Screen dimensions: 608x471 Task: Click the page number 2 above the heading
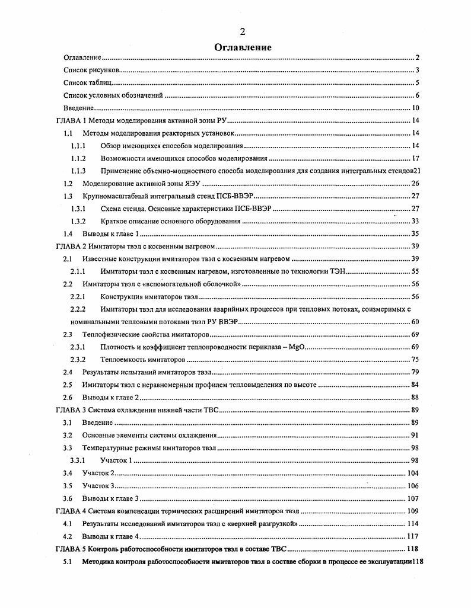coord(242,31)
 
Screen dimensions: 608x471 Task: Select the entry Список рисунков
coord(89,71)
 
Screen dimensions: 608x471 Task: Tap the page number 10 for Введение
coord(415,108)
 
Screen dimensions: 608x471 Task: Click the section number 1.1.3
coord(78,171)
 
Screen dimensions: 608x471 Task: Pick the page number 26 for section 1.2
coord(415,183)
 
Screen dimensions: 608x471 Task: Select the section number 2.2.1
coord(78,296)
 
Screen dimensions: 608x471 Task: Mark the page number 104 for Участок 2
coord(413,473)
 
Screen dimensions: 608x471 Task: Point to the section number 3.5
coord(68,485)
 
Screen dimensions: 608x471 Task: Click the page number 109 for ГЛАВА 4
coord(413,511)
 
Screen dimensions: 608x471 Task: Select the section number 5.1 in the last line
coord(68,561)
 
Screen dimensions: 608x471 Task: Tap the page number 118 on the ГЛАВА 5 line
coord(413,548)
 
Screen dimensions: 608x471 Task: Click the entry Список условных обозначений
coord(113,95)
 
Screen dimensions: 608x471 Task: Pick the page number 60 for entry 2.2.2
coord(415,321)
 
